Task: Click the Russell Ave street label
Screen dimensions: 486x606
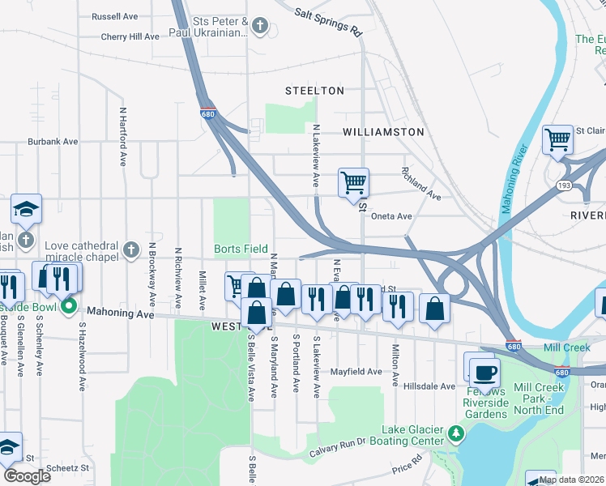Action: (x=115, y=16)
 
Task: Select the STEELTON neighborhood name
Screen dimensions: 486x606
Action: (x=314, y=91)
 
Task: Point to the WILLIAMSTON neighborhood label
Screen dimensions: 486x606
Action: (x=383, y=131)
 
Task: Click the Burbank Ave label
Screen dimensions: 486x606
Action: (x=53, y=141)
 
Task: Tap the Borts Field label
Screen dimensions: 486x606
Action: (x=241, y=249)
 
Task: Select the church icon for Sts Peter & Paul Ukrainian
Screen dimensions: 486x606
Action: (x=259, y=27)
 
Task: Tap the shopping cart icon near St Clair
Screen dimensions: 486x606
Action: (x=557, y=139)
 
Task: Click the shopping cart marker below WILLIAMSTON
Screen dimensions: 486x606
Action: (x=353, y=181)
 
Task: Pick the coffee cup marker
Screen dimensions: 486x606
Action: (x=485, y=373)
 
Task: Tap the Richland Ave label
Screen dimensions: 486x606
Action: (x=420, y=184)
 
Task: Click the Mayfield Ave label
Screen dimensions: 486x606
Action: (x=356, y=372)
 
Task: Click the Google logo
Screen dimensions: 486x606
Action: (x=27, y=475)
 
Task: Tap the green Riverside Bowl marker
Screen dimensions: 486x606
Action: (x=69, y=307)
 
